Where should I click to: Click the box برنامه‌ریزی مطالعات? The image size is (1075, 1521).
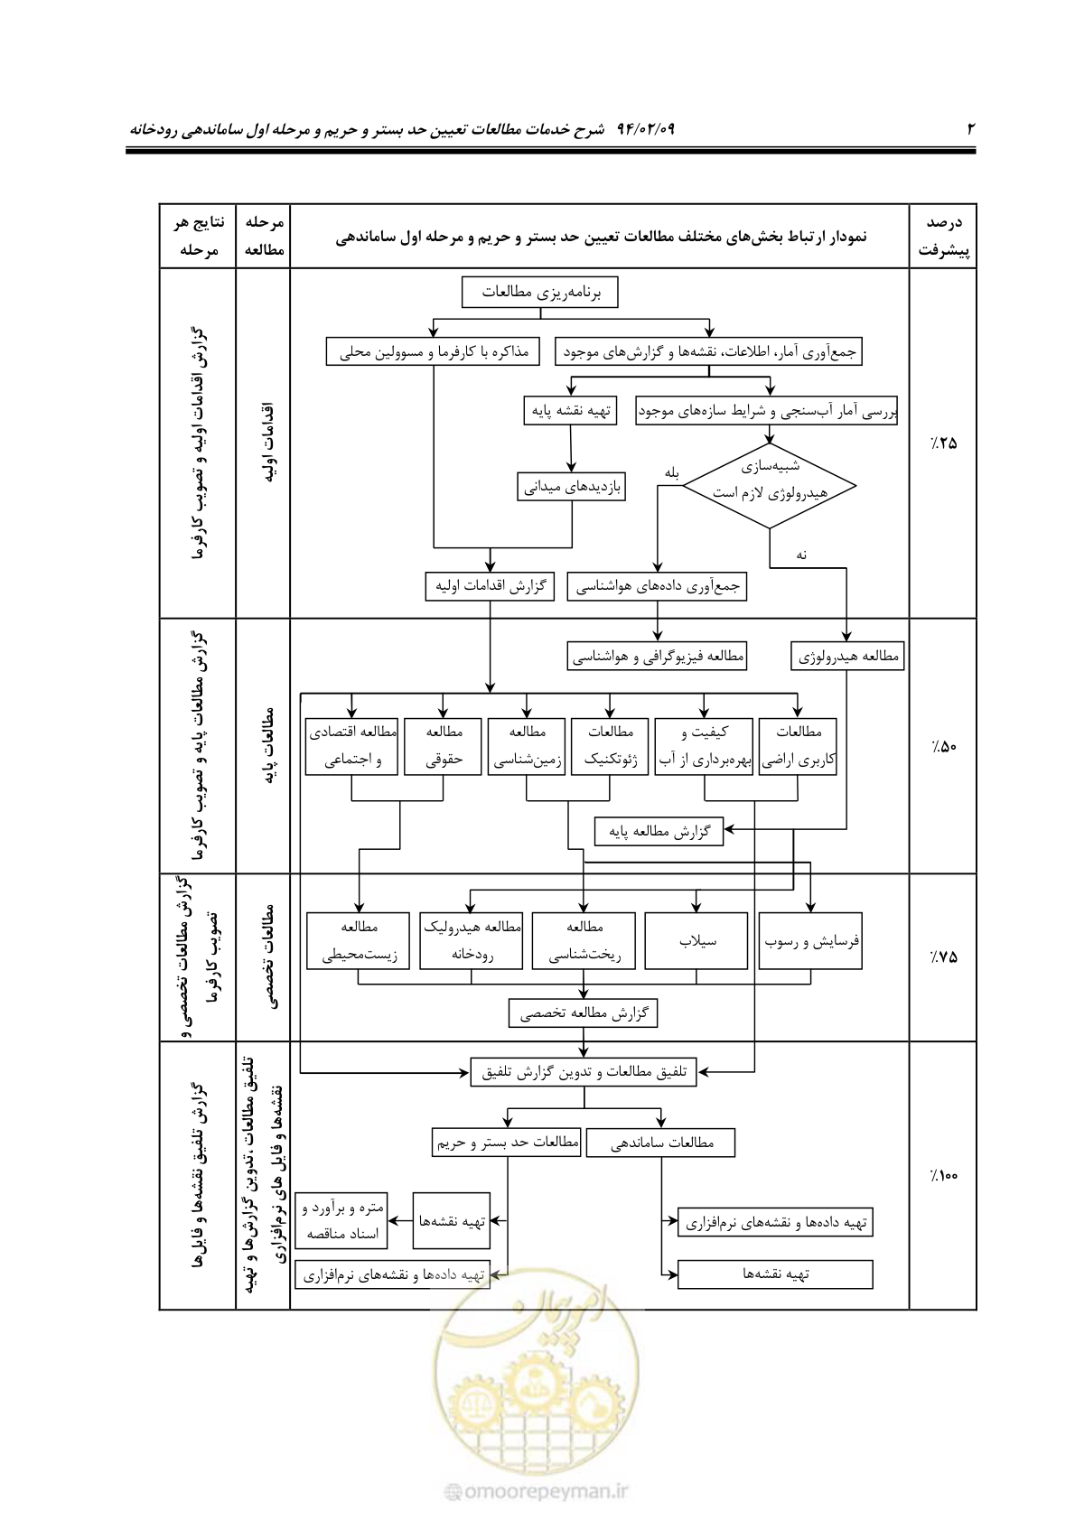[x=540, y=293]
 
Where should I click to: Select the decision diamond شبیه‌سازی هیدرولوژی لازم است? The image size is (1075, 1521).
[x=770, y=486]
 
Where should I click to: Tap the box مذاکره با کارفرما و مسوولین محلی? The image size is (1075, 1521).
[x=433, y=351]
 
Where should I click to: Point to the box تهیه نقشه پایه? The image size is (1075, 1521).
[x=570, y=411]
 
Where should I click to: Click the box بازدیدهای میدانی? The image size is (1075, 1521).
[x=571, y=487]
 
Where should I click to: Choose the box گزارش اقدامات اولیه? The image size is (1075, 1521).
[x=490, y=587]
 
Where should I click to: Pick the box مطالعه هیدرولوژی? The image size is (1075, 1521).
[x=847, y=657]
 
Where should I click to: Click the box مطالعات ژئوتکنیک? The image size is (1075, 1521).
[x=610, y=746]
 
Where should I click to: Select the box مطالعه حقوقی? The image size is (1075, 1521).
[x=443, y=746]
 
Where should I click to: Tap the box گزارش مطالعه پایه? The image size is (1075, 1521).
[x=659, y=831]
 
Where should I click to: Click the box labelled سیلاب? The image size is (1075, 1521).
[x=696, y=940]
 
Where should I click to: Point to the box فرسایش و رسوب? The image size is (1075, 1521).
[x=810, y=940]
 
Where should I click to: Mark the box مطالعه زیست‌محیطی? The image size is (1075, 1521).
[x=358, y=940]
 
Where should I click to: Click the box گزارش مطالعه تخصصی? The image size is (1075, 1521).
[x=584, y=1013]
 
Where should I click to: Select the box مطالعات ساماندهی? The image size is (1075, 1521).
[x=660, y=1143]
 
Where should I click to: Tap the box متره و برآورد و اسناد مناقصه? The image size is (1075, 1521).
[x=341, y=1221]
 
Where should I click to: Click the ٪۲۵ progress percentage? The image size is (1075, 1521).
[x=943, y=443]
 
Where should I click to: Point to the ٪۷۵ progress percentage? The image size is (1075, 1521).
[x=943, y=957]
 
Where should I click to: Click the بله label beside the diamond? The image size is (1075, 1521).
[x=672, y=473]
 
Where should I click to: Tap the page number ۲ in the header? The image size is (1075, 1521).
[x=970, y=128]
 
